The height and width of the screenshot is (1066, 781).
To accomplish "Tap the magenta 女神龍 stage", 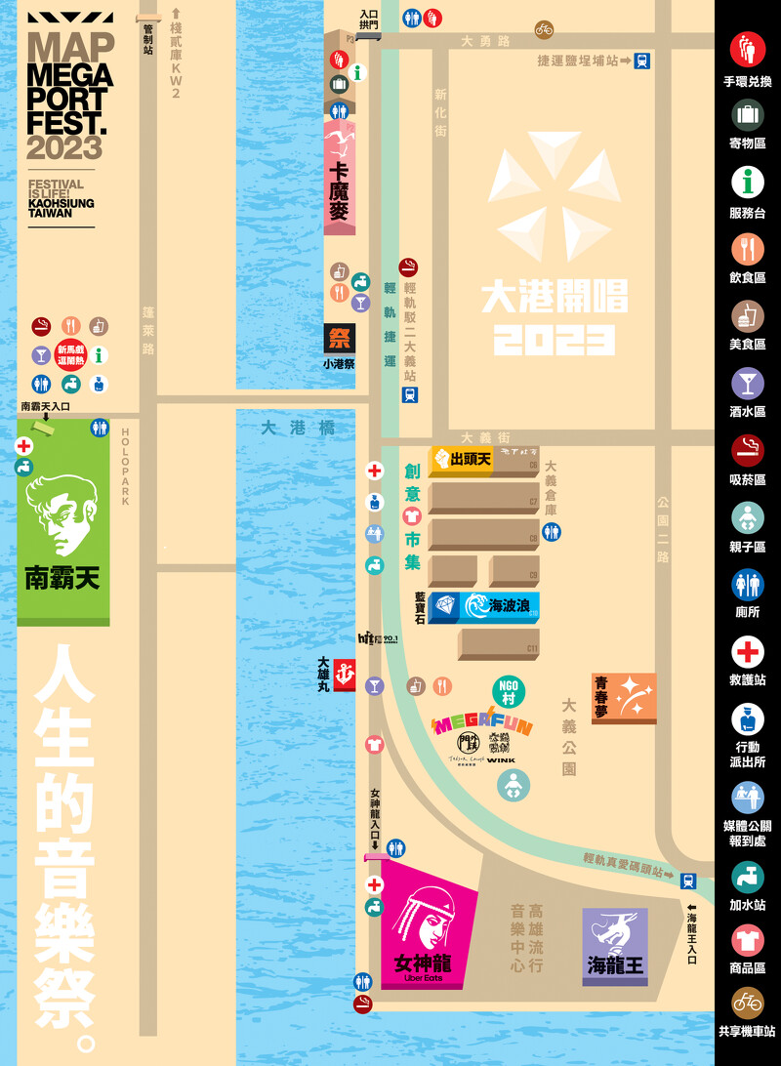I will (x=426, y=927).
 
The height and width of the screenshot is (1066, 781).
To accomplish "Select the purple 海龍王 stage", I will (x=615, y=946).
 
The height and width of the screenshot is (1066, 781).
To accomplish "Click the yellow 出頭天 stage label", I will (x=461, y=458).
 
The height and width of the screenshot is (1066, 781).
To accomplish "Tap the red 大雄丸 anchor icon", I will (x=344, y=674).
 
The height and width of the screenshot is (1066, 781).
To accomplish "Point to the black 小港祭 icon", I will (x=340, y=339).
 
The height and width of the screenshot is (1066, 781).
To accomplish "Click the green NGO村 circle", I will (x=509, y=689).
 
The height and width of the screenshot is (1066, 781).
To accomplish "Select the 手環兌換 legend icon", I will (x=748, y=48).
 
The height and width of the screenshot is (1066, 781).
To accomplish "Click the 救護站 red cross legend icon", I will (x=748, y=651).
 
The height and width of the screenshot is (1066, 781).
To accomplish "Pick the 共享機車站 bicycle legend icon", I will (x=748, y=1003).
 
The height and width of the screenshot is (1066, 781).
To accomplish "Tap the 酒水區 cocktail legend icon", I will (x=748, y=383).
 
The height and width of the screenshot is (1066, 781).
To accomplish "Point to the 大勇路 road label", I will (x=485, y=41).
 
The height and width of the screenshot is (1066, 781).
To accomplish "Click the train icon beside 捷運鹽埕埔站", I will (x=641, y=61).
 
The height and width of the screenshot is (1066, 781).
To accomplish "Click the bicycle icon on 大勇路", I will (x=544, y=29).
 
